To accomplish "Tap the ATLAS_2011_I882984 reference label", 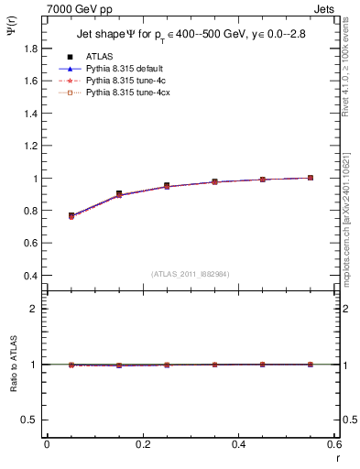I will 189,273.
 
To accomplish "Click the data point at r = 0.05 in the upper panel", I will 71,215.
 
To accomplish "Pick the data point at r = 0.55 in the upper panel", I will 311,178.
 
